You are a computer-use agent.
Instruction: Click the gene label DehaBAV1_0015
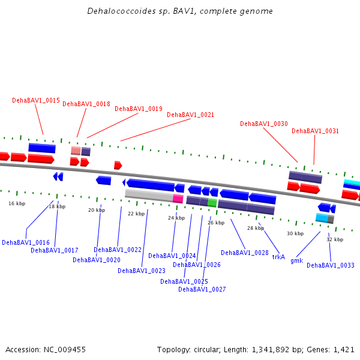tap(36, 100)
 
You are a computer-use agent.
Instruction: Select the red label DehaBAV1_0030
tap(264, 124)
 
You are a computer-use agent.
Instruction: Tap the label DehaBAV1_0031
tap(315, 131)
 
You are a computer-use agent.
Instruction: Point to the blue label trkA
tap(278, 257)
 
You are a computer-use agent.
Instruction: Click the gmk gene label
tap(296, 260)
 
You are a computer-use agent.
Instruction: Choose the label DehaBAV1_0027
tap(202, 289)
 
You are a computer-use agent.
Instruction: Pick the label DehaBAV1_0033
tap(331, 265)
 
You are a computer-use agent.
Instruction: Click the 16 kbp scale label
tap(17, 203)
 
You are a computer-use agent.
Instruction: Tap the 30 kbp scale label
tap(295, 233)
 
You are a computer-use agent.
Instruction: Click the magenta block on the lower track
tap(178, 199)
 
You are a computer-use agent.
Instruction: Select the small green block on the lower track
tap(212, 203)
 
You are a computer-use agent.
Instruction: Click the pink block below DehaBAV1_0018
tap(76, 151)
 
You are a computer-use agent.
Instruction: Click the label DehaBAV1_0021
tap(190, 115)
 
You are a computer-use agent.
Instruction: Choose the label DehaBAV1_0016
tap(26, 242)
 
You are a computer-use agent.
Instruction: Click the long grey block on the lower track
tap(149, 196)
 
